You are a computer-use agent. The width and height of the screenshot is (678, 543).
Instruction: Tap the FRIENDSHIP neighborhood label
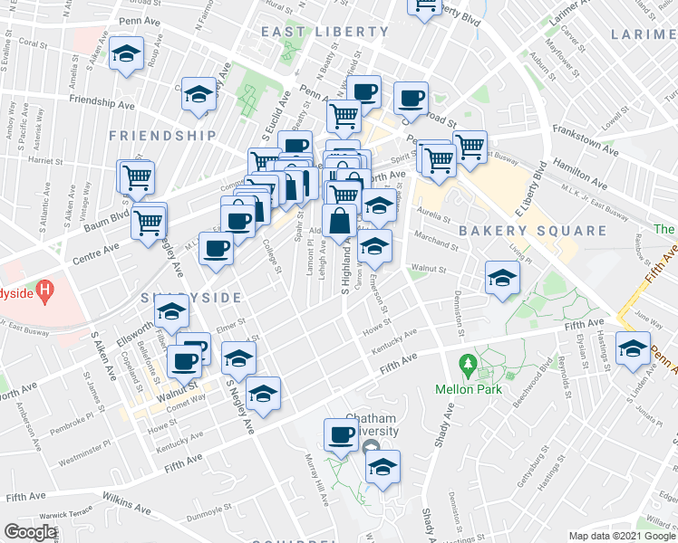pyautogui.click(x=162, y=136)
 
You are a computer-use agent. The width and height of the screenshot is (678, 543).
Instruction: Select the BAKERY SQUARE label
pyautogui.click(x=532, y=231)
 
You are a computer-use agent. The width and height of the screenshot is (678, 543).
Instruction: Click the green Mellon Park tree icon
pyautogui.click(x=469, y=367)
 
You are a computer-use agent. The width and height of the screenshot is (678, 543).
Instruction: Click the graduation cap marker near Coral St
pyautogui.click(x=126, y=55)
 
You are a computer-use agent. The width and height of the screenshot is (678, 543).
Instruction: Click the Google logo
pyautogui.click(x=31, y=532)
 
